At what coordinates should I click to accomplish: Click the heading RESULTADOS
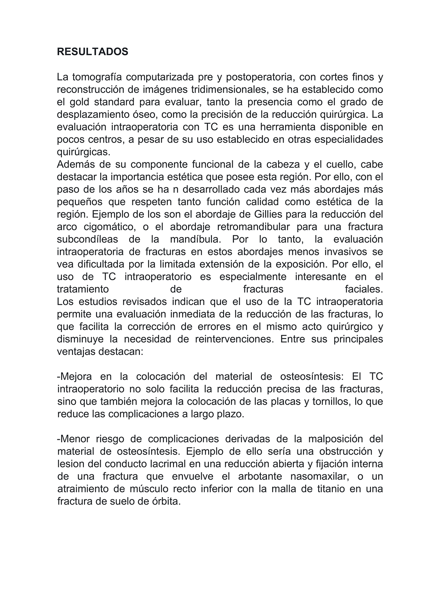(x=92, y=52)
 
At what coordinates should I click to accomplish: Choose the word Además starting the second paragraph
(x=76, y=164)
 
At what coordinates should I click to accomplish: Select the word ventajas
(x=76, y=351)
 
